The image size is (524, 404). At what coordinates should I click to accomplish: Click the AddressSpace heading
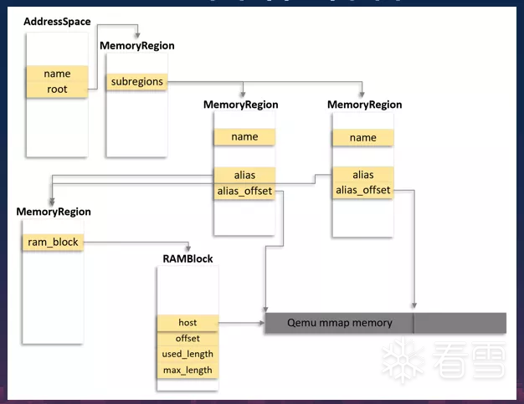pos(57,21)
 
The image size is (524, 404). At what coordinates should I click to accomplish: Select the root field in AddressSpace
pos(57,89)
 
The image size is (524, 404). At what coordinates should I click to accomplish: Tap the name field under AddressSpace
pos(57,74)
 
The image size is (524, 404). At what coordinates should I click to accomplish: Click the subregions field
pos(136,82)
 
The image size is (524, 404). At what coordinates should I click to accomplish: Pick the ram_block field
pos(53,242)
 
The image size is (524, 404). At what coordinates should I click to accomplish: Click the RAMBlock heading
pos(188,259)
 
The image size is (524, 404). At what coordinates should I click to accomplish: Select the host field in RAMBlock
pos(188,323)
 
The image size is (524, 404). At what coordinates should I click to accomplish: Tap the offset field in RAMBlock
pos(188,339)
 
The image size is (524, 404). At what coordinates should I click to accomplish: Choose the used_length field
pos(188,355)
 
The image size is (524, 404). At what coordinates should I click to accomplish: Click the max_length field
pos(188,371)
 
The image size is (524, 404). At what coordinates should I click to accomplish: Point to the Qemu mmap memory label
pos(339,323)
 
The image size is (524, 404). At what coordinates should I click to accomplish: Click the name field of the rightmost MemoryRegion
pos(362,138)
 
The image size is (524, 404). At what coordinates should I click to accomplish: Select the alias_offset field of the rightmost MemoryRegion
pos(362,191)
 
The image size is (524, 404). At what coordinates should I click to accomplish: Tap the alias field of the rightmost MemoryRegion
pos(362,175)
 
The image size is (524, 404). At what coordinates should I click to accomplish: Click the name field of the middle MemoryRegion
pos(244,137)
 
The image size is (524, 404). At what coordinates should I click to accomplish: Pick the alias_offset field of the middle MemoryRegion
pos(244,191)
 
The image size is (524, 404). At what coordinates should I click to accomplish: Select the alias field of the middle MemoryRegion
pos(244,175)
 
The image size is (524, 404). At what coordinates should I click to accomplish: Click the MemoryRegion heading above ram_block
pos(54,212)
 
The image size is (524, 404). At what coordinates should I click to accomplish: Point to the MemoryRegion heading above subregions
pos(137,46)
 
